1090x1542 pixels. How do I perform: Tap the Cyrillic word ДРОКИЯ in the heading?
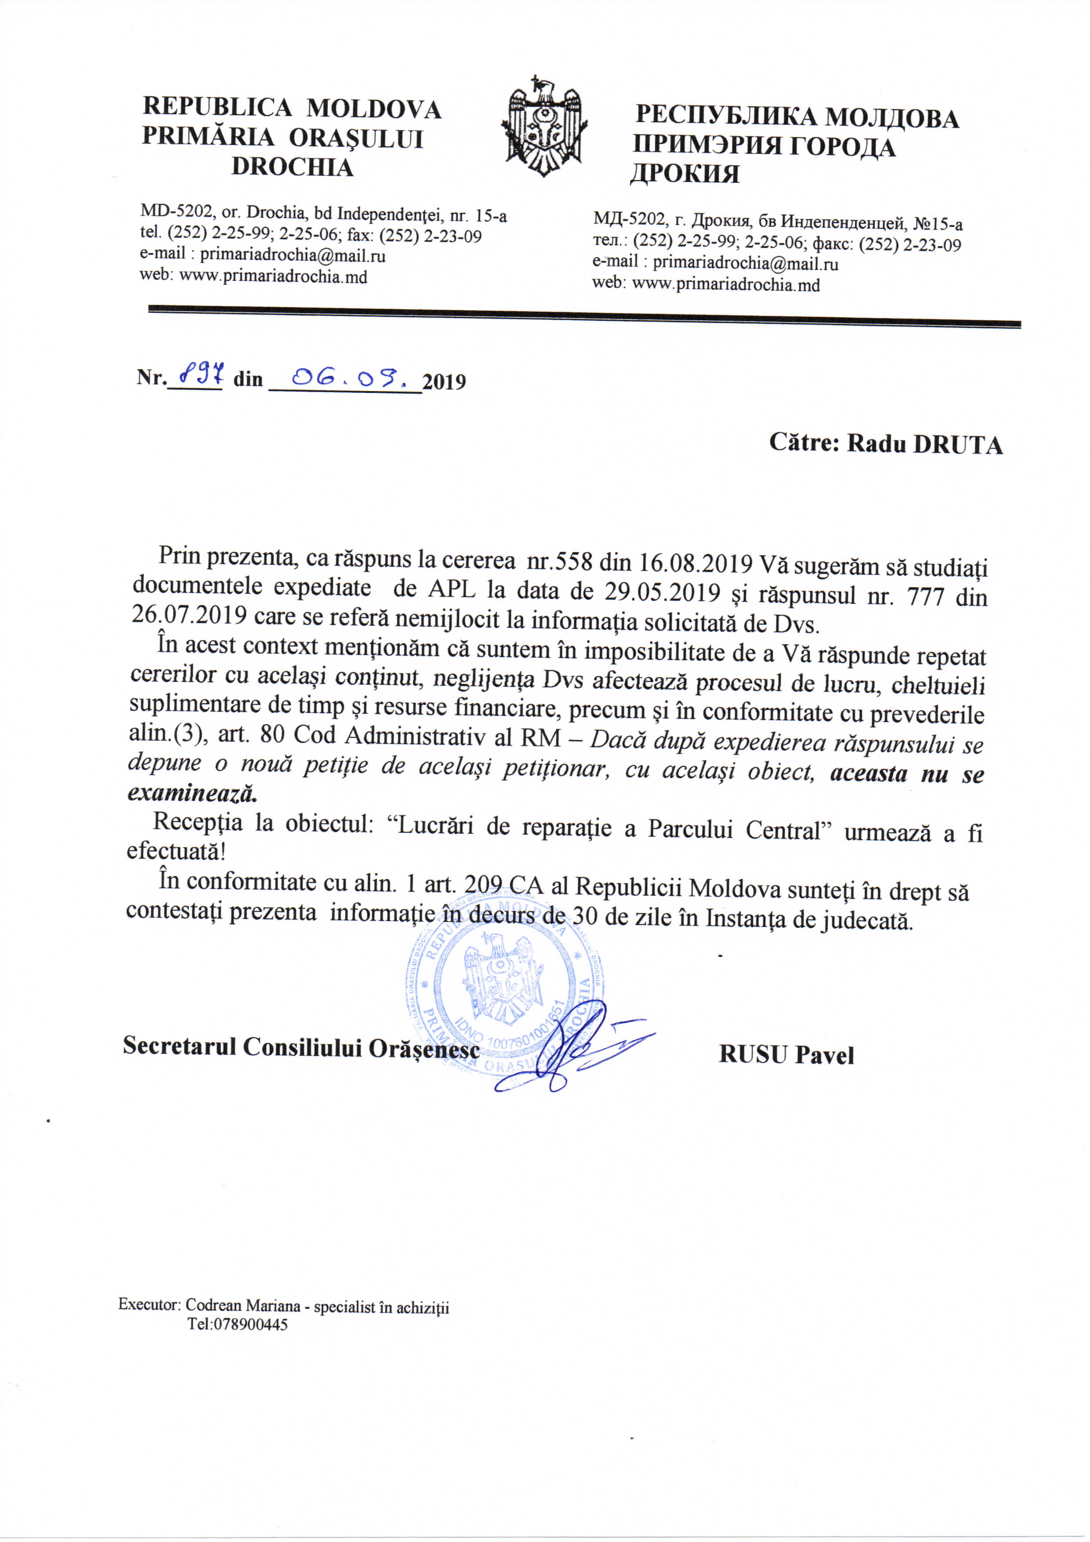click(684, 174)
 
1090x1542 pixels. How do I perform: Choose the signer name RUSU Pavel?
click(786, 1055)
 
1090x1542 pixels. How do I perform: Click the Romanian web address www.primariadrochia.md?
click(273, 276)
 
